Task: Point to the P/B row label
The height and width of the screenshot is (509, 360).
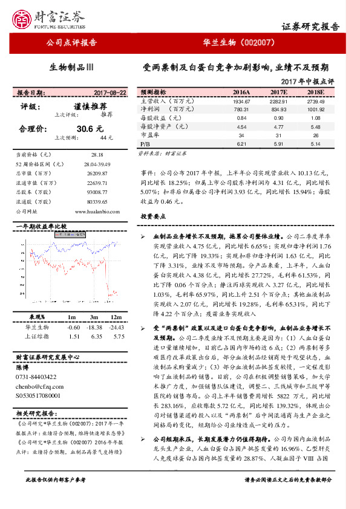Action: coord(145,144)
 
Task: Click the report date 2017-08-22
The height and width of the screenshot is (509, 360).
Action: coord(111,93)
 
